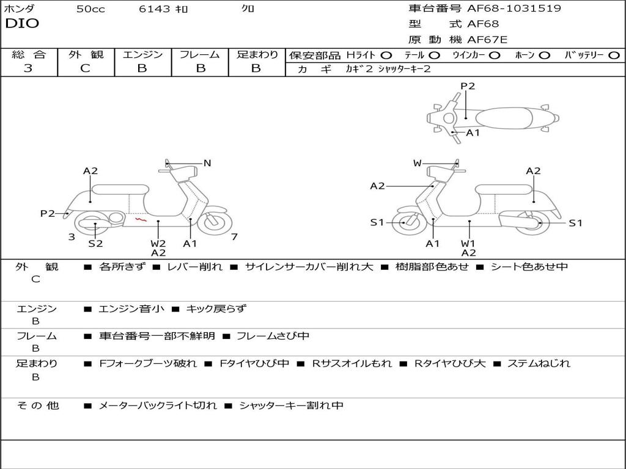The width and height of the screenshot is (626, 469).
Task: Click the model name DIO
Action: (x=22, y=24)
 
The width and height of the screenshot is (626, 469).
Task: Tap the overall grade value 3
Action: (x=28, y=68)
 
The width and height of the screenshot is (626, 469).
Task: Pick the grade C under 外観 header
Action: (x=85, y=68)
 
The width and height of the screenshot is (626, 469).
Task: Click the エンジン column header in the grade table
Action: (x=142, y=54)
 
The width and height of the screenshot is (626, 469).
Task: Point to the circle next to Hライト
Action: (x=386, y=55)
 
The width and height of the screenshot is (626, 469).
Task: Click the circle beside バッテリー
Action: (x=614, y=55)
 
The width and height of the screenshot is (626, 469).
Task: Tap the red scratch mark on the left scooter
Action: (x=140, y=218)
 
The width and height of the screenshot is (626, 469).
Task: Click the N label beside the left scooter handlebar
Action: (x=207, y=163)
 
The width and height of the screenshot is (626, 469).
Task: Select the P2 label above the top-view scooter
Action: (x=468, y=86)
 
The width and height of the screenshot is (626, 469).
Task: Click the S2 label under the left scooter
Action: (x=95, y=243)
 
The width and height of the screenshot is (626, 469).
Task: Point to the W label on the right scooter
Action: (x=418, y=163)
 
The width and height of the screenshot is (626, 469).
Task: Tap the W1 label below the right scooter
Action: (x=468, y=243)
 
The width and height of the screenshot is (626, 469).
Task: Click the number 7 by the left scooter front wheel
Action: (x=234, y=237)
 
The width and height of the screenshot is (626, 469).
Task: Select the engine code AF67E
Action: (x=487, y=40)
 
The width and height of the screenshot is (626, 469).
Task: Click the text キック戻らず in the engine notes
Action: (x=216, y=309)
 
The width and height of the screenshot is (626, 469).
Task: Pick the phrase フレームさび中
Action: (x=273, y=336)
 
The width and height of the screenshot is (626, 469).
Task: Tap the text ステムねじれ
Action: (x=539, y=363)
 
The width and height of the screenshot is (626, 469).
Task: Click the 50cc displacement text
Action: (x=90, y=9)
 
